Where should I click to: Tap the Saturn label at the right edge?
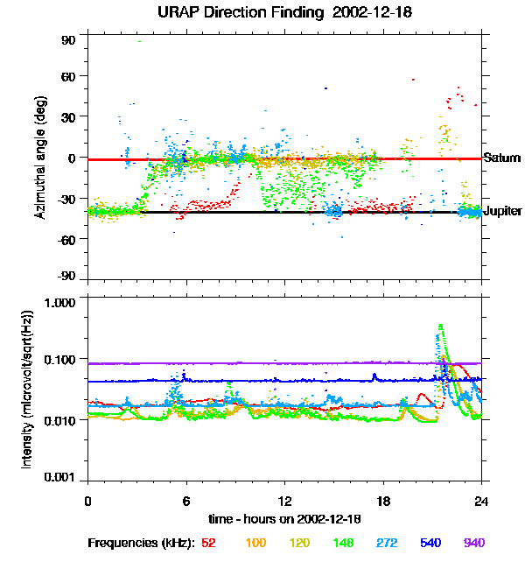(502, 158)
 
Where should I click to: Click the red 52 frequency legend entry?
(208, 543)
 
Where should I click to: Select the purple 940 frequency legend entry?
(474, 543)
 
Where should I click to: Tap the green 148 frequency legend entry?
(342, 543)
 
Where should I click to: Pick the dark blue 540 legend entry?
(430, 543)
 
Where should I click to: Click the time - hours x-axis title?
(284, 518)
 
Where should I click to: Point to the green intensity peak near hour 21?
(439, 326)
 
